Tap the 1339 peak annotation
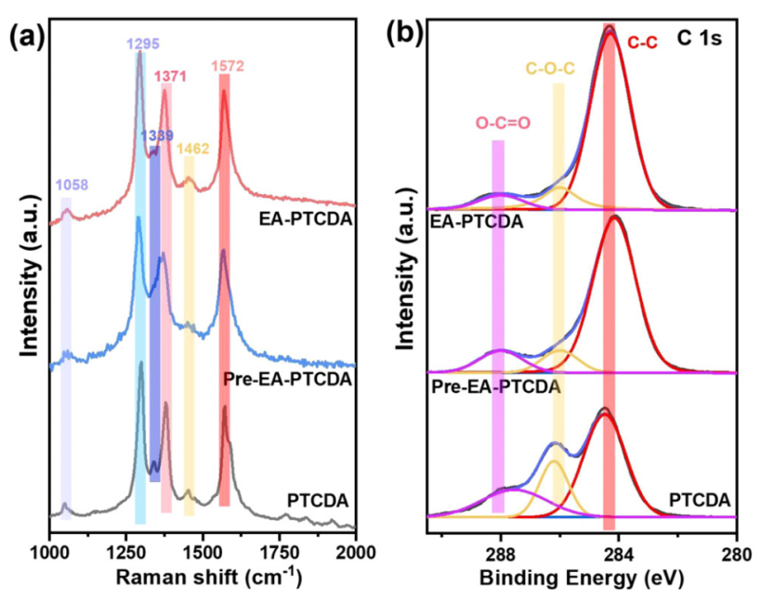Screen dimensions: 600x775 [x=156, y=136]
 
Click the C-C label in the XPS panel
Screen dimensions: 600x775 [x=643, y=43]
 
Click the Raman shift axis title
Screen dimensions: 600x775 [x=202, y=577]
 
